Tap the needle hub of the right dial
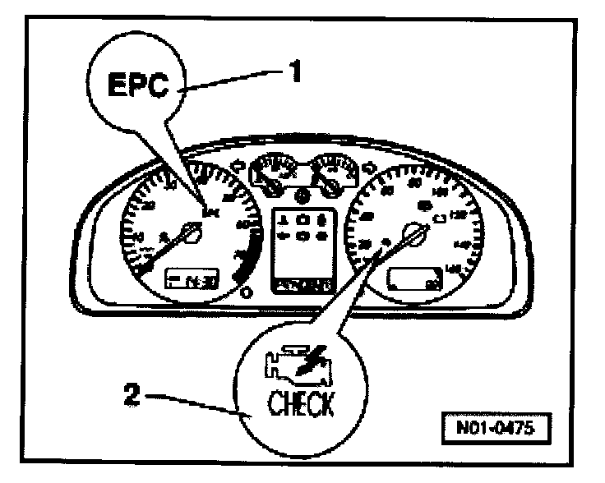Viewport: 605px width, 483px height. (416, 237)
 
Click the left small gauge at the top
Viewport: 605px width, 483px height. (272, 172)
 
